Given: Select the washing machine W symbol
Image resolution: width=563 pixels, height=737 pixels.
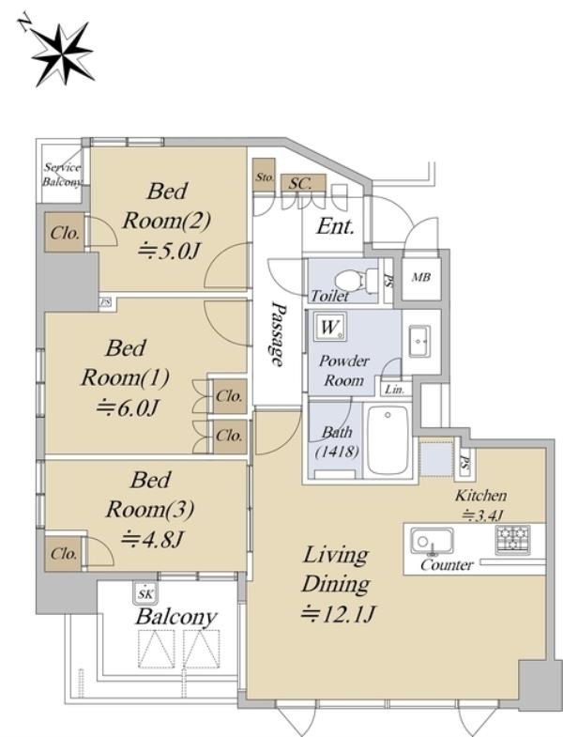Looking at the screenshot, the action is tap(330, 327).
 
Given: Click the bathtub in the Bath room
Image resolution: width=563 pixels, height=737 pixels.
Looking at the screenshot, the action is tap(388, 440).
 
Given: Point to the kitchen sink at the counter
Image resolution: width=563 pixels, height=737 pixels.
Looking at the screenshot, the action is tap(432, 541).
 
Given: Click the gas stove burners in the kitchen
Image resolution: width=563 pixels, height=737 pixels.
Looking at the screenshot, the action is tap(512, 540).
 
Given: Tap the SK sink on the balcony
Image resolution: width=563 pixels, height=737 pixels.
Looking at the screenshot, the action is tap(145, 593).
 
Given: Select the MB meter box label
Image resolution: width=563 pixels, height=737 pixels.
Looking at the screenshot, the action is tap(421, 277).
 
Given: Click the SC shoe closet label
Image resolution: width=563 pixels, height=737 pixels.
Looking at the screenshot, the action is tap(300, 183).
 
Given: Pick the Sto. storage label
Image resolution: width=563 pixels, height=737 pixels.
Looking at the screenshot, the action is tap(265, 177).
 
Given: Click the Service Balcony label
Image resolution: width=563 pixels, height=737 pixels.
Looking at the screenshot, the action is tap(62, 175).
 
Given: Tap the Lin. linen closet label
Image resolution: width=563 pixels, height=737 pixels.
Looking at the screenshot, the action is tap(394, 390).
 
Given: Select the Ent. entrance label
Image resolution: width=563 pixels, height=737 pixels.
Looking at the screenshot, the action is tap(335, 226).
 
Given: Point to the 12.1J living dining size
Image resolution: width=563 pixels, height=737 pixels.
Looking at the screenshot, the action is tap(338, 614).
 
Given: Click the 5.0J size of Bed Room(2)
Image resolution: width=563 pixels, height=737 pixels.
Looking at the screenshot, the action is tap(169, 252).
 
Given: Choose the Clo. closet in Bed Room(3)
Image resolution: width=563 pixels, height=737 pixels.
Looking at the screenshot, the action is tap(64, 554).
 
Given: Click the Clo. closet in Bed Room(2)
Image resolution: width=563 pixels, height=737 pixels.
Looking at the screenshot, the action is tap(65, 233).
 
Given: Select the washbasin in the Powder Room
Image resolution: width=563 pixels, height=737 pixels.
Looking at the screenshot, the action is tap(419, 341).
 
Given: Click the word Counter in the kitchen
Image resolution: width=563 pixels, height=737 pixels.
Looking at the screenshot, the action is tap(447, 564).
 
